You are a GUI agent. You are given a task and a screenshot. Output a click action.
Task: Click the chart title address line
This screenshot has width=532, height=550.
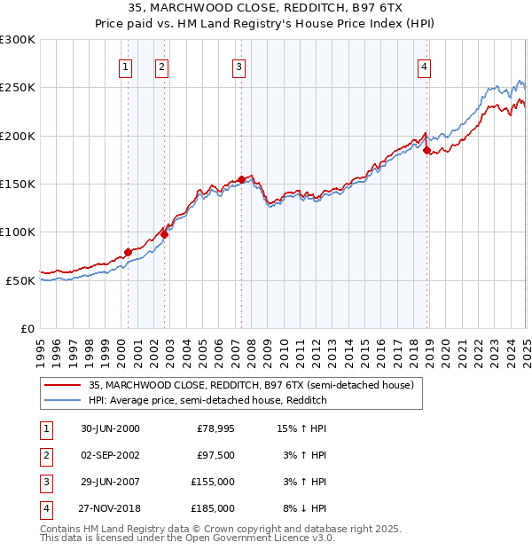click(x=267, y=7)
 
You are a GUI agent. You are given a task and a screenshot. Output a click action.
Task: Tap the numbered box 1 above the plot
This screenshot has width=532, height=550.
click(x=125, y=67)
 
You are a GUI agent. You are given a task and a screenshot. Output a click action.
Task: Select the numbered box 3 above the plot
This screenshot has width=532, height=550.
click(x=239, y=67)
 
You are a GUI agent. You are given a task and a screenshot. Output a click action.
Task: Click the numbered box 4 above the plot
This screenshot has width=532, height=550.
click(x=425, y=67)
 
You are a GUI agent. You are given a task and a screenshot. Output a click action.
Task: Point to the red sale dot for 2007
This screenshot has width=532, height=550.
click(x=241, y=179)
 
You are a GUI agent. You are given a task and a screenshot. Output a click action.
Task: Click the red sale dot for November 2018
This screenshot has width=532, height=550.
click(x=426, y=151)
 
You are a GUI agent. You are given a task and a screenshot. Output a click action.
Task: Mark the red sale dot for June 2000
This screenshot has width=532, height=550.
click(x=128, y=252)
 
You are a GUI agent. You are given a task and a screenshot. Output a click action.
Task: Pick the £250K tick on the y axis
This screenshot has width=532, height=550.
click(x=18, y=88)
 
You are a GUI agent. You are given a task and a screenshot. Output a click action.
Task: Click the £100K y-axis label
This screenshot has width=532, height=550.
click(x=18, y=232)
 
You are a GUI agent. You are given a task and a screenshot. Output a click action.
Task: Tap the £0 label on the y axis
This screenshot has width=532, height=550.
click(x=27, y=328)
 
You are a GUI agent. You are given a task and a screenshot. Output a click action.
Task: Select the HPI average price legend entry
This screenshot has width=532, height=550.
click(x=208, y=401)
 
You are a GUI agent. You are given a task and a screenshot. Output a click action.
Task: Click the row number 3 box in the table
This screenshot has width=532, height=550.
click(x=45, y=482)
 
